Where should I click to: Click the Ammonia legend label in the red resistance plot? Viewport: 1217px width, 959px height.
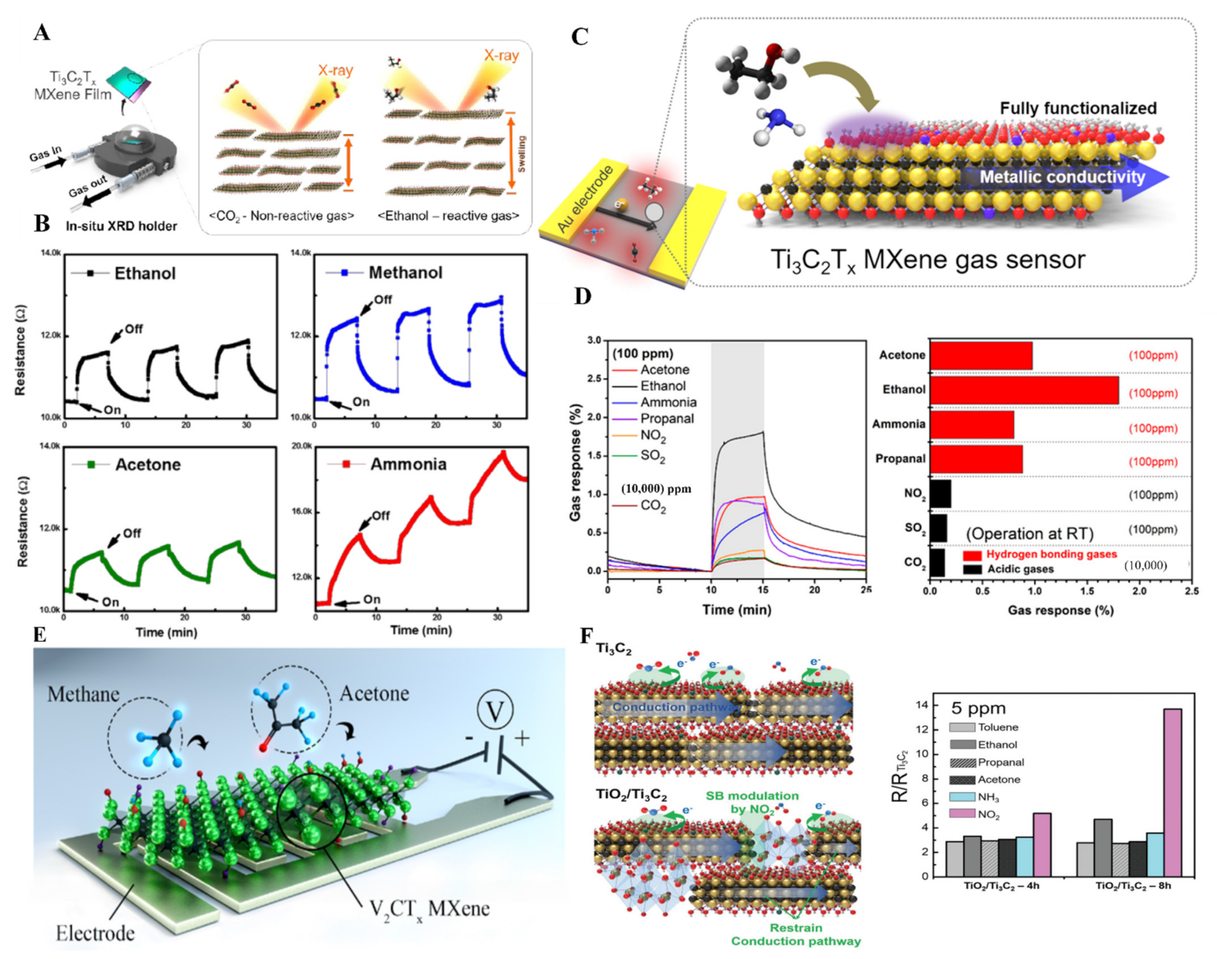pyautogui.click(x=408, y=464)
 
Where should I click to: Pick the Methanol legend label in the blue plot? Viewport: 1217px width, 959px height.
pyautogui.click(x=406, y=273)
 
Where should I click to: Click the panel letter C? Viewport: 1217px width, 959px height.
pyautogui.click(x=580, y=37)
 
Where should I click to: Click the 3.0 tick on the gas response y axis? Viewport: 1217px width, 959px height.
pyautogui.click(x=594, y=340)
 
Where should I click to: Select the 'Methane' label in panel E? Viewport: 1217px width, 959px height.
pyautogui.click(x=83, y=695)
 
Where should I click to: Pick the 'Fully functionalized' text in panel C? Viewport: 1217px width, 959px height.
pyautogui.click(x=1078, y=108)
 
